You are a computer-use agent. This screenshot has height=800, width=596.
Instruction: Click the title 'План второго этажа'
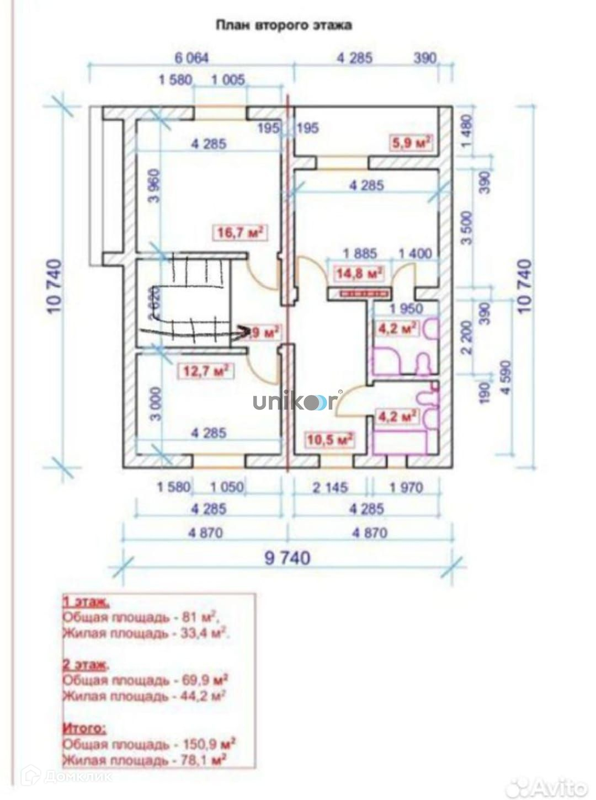pyautogui.click(x=283, y=25)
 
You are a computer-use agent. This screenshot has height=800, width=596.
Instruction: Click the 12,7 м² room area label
pyautogui.click(x=205, y=371)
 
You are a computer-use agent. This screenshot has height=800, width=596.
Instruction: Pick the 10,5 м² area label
pyautogui.click(x=330, y=440)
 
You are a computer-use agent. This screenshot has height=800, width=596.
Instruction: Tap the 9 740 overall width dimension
pyautogui.click(x=287, y=558)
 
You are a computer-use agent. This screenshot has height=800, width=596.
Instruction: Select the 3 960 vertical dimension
pyautogui.click(x=155, y=186)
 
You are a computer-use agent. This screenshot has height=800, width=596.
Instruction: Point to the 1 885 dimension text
pyautogui.click(x=360, y=254)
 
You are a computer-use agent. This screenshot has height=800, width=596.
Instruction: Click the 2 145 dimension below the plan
pyautogui.click(x=329, y=487)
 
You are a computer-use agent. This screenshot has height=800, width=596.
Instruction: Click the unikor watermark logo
pyautogui.click(x=295, y=402)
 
